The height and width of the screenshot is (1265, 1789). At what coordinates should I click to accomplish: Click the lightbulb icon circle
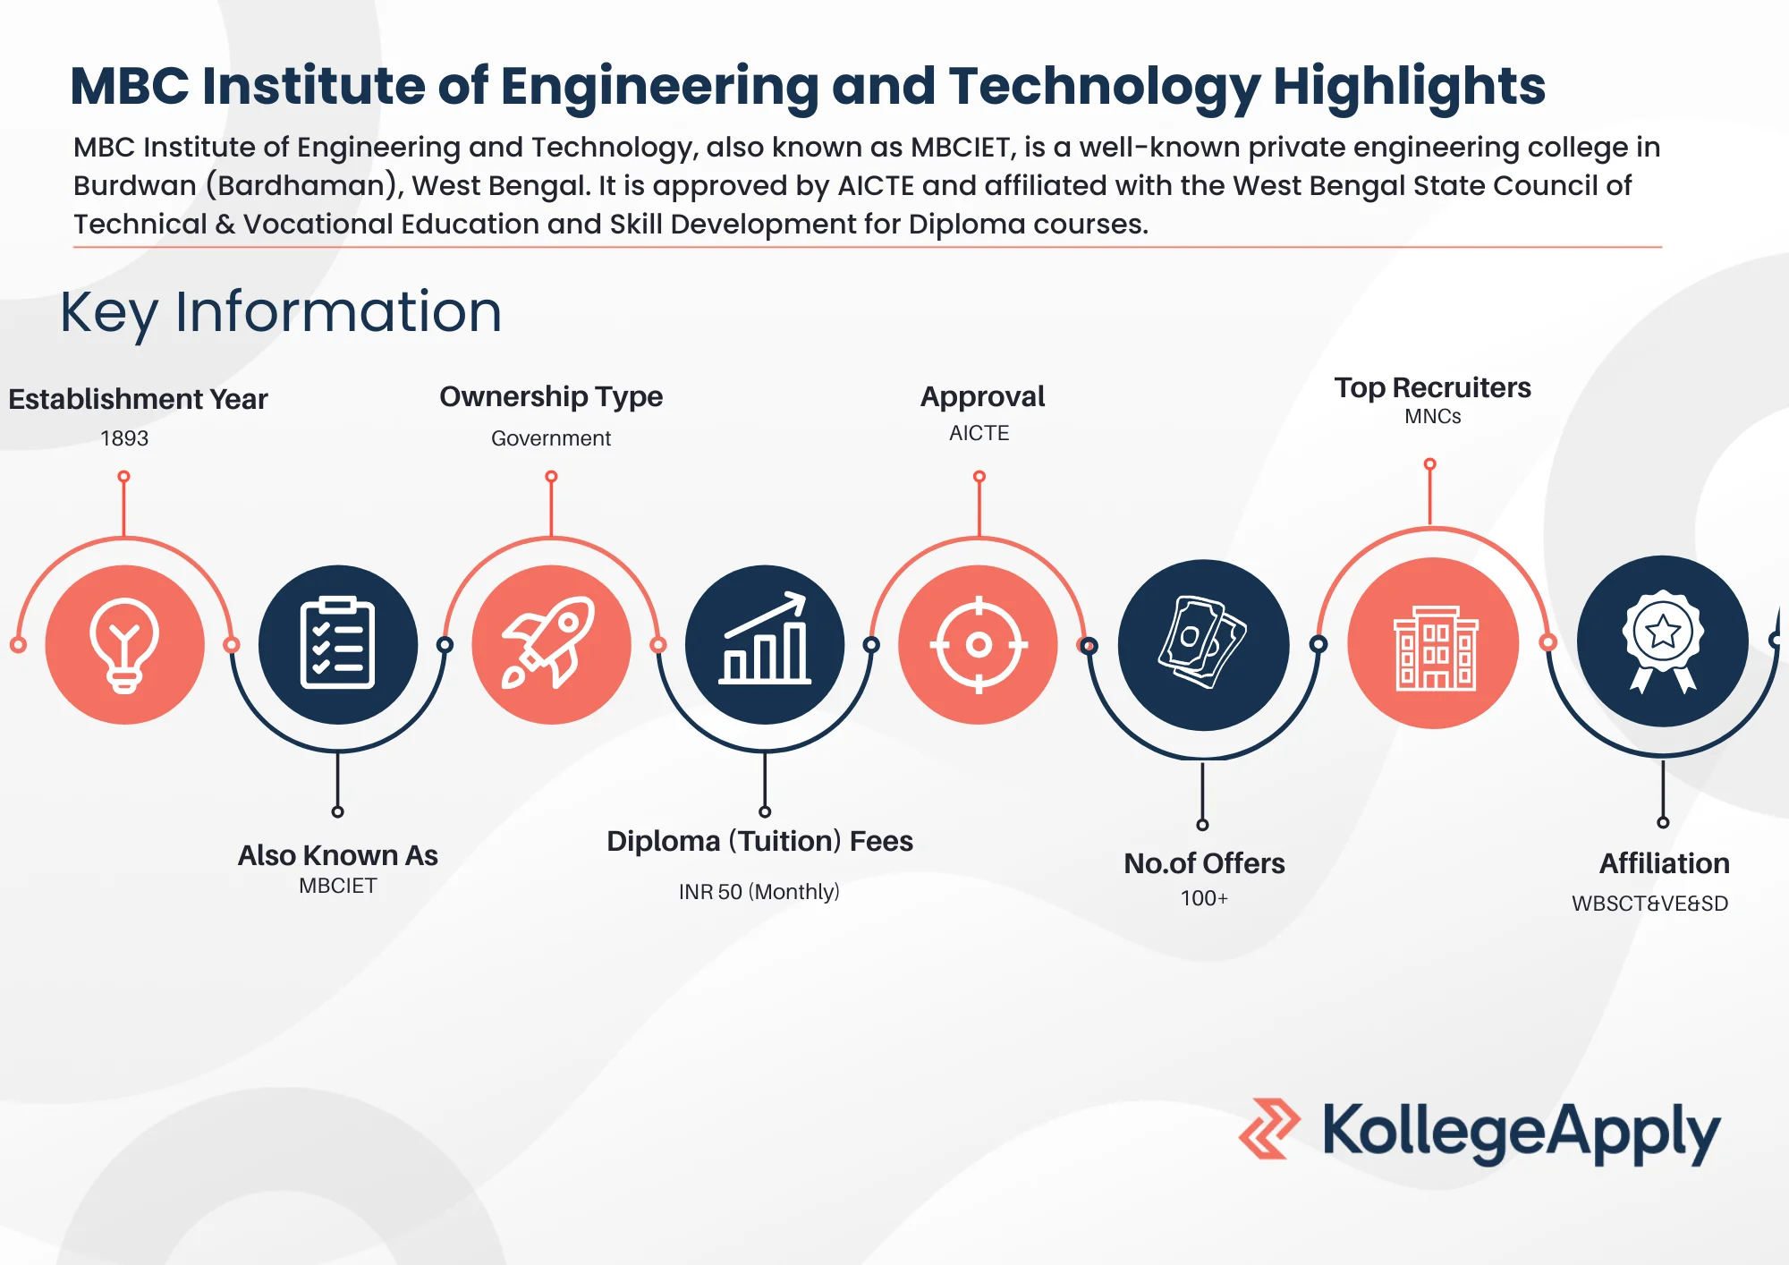(124, 644)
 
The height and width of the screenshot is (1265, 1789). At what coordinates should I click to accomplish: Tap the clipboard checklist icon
(337, 644)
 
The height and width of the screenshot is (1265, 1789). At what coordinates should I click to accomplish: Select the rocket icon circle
(551, 644)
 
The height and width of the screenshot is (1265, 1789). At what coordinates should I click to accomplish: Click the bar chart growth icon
(765, 644)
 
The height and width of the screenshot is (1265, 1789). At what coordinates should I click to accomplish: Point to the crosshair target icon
(979, 644)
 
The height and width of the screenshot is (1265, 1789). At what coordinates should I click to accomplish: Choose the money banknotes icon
(1203, 644)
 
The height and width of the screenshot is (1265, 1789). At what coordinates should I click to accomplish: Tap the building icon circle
(1433, 643)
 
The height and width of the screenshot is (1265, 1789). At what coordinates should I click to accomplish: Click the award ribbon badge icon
(1662, 641)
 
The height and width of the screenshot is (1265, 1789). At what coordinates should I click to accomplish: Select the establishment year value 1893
(124, 438)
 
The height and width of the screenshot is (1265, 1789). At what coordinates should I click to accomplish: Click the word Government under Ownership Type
(551, 438)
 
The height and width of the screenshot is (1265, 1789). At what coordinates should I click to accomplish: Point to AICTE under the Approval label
(979, 433)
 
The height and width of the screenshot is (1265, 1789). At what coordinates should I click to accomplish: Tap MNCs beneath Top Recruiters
(1432, 416)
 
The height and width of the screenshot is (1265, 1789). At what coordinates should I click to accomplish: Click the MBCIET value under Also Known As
(337, 886)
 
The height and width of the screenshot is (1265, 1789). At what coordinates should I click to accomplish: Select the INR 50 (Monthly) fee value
(759, 892)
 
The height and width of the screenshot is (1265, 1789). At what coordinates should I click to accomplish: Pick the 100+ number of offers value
(1204, 898)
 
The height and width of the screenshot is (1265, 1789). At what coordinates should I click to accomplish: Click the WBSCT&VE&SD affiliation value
(1649, 904)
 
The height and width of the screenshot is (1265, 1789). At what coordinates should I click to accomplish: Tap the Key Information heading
(281, 312)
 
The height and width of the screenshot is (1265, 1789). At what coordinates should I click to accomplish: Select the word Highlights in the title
(1409, 87)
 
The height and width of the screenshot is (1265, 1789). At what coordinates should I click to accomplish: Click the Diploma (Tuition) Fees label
(759, 841)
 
